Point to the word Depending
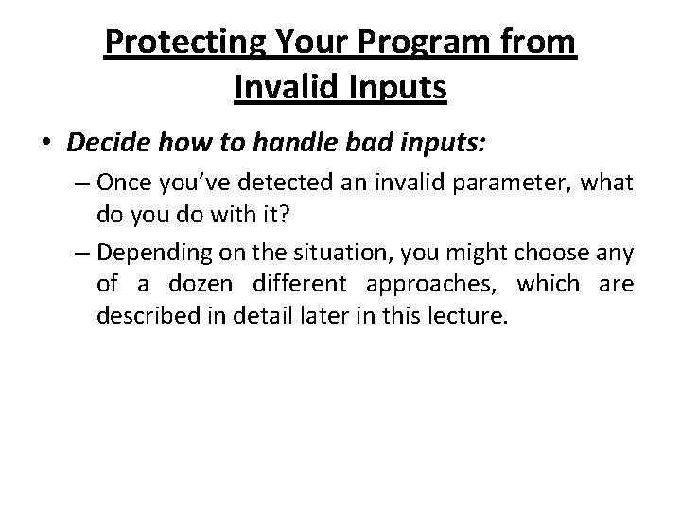(147, 253)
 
